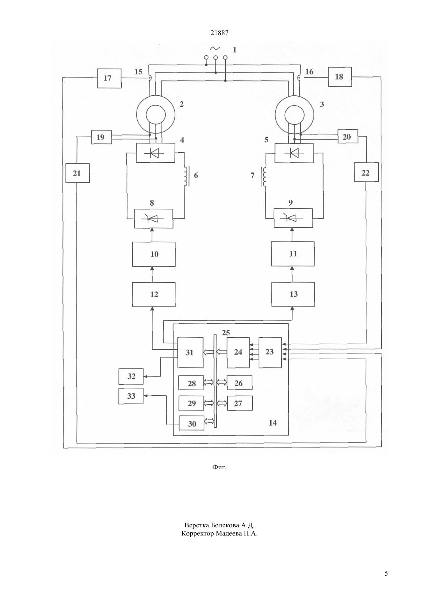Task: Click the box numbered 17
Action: (109, 78)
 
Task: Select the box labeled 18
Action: (340, 77)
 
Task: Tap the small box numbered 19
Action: (101, 137)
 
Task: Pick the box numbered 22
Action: (366, 172)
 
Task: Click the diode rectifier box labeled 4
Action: (155, 153)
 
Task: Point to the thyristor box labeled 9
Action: (293, 218)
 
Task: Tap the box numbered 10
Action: (154, 254)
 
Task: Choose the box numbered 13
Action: (293, 294)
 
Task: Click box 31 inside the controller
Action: (190, 352)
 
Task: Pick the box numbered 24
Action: (238, 352)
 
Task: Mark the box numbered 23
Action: (270, 352)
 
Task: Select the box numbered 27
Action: (240, 403)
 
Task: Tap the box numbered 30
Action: (191, 423)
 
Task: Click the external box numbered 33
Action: (131, 396)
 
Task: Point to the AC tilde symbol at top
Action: (215, 48)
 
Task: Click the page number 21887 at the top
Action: (219, 33)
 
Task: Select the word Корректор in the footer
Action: (197, 534)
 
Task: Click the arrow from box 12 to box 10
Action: (152, 275)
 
